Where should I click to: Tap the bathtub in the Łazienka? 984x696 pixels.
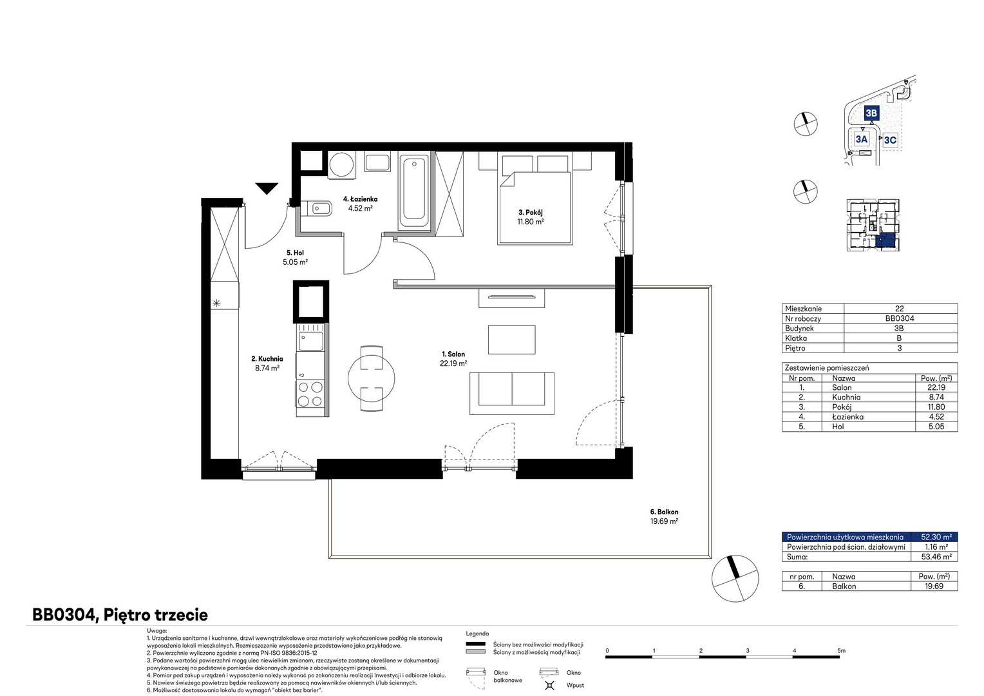click(x=414, y=191)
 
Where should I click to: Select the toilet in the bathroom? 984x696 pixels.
click(x=316, y=208)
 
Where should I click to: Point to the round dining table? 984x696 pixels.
click(x=371, y=378)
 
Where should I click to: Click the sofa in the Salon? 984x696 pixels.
click(x=512, y=394)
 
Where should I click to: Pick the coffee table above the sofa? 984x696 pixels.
click(x=512, y=340)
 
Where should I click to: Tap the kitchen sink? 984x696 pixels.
click(x=311, y=341)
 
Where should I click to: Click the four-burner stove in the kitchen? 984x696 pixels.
click(x=310, y=394)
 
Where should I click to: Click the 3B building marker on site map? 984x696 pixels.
click(x=871, y=113)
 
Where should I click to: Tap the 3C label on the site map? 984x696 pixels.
click(x=890, y=140)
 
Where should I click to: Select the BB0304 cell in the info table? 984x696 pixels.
click(x=900, y=318)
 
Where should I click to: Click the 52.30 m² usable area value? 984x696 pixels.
click(x=936, y=537)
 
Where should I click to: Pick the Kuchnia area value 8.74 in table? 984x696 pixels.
click(x=936, y=397)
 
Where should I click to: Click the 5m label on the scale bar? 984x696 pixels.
click(x=841, y=651)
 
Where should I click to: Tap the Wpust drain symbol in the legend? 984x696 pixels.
click(x=549, y=685)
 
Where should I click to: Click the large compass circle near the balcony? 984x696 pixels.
click(x=735, y=579)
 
